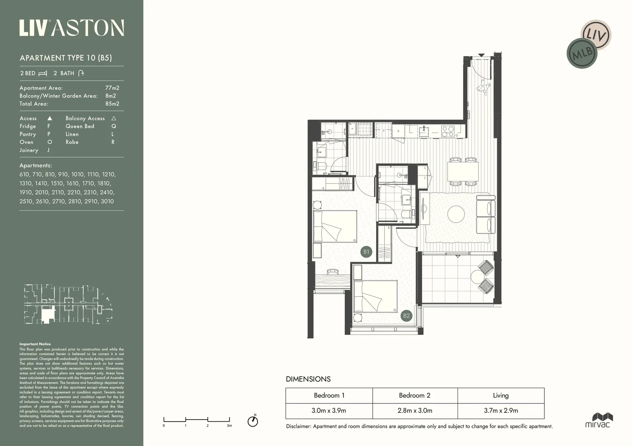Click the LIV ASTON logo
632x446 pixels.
pos(72,28)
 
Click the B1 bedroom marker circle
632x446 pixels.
pos(366,251)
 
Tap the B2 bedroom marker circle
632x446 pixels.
pos(406,316)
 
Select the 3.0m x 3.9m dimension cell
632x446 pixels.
pos(329,410)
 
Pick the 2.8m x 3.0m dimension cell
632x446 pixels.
pos(415,410)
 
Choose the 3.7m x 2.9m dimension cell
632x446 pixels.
pos(501,410)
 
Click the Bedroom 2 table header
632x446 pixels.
pos(415,395)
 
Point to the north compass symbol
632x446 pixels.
pos(253,421)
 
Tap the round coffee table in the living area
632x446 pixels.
pos(456,214)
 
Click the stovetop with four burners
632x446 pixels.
pos(448,131)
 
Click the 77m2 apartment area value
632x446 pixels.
pos(112,88)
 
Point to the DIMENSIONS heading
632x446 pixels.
pos(308,379)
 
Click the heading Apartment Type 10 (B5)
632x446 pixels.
pos(66,58)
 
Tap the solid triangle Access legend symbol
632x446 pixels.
pos(50,119)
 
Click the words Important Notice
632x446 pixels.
pos(35,344)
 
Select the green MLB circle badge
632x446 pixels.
pos(582,53)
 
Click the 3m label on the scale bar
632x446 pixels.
pos(229,425)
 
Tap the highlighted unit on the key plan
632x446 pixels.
pos(48,315)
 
